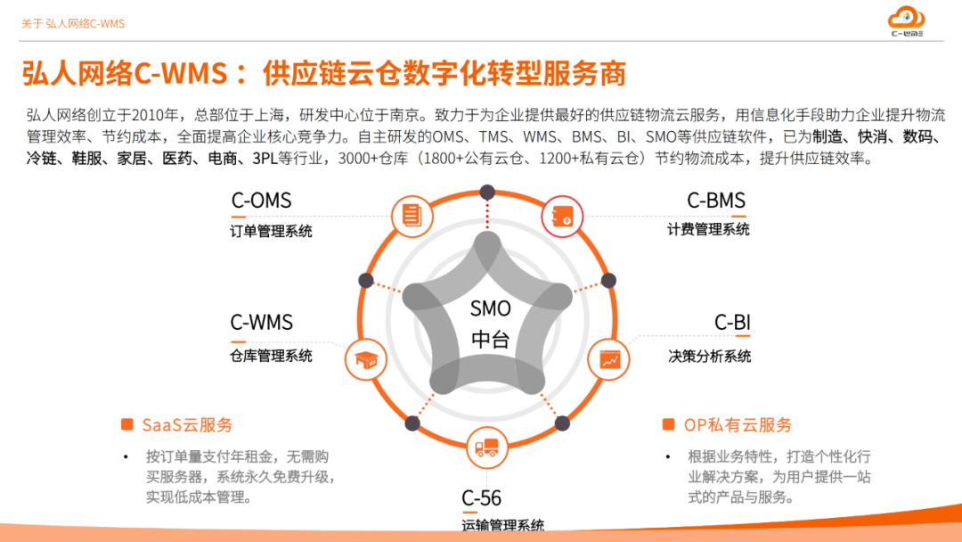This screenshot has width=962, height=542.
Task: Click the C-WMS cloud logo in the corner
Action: [906, 21]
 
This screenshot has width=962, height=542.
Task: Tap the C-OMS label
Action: [261, 201]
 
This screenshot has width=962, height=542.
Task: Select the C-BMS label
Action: [716, 201]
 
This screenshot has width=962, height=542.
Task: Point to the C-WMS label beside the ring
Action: [261, 322]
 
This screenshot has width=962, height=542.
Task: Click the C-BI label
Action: [732, 322]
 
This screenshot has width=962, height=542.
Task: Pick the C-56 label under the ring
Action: [481, 497]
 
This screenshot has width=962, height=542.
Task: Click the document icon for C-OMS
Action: [412, 216]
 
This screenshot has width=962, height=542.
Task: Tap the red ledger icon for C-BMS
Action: [562, 216]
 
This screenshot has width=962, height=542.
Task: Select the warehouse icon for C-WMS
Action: [366, 359]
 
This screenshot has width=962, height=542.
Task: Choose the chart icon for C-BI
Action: [608, 359]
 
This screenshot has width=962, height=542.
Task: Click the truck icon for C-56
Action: [487, 448]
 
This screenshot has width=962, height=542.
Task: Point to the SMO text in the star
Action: [490, 308]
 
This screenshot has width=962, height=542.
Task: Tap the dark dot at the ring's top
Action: [488, 193]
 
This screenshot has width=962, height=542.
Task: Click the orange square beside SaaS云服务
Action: [127, 424]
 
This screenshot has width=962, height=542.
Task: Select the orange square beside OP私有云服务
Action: [669, 424]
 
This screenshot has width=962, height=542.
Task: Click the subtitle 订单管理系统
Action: [271, 232]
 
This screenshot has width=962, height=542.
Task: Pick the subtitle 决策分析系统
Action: [710, 356]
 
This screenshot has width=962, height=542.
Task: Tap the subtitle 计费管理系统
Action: [709, 230]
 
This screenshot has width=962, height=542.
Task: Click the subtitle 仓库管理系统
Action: [271, 356]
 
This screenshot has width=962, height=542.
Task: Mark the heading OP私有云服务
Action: [738, 424]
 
